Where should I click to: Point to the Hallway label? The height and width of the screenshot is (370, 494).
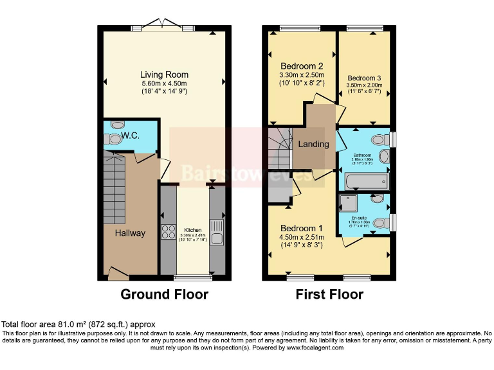pyautogui.click(x=131, y=233)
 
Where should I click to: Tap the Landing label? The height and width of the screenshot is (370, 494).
pyautogui.click(x=313, y=144)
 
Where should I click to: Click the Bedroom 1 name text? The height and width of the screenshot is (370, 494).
pyautogui.click(x=302, y=228)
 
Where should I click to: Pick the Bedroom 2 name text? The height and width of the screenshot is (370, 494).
pyautogui.click(x=302, y=66)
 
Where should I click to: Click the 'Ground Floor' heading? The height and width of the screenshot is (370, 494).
pyautogui.click(x=164, y=295)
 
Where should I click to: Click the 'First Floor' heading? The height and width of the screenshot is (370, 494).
pyautogui.click(x=329, y=295)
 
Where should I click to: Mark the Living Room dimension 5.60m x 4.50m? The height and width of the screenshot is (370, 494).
pyautogui.click(x=164, y=83)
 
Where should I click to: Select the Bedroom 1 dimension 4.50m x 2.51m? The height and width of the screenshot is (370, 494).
pyautogui.click(x=302, y=237)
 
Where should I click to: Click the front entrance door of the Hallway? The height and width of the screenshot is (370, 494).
pyautogui.click(x=118, y=274)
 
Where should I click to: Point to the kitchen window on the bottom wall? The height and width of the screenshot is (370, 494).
pyautogui.click(x=193, y=278)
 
